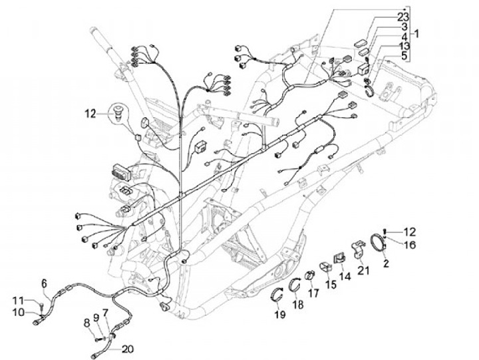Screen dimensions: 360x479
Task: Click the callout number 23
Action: point(403,17)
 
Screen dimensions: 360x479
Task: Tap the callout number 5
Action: point(403,56)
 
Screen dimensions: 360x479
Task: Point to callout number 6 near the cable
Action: point(45,281)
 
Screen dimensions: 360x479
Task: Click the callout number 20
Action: point(128,348)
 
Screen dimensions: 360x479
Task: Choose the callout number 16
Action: point(409,244)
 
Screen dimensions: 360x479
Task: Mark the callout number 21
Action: point(363,270)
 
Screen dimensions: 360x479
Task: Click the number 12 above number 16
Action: point(409,232)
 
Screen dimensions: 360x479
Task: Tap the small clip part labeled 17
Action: point(311,275)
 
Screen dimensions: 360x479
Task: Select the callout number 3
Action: point(403,27)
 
